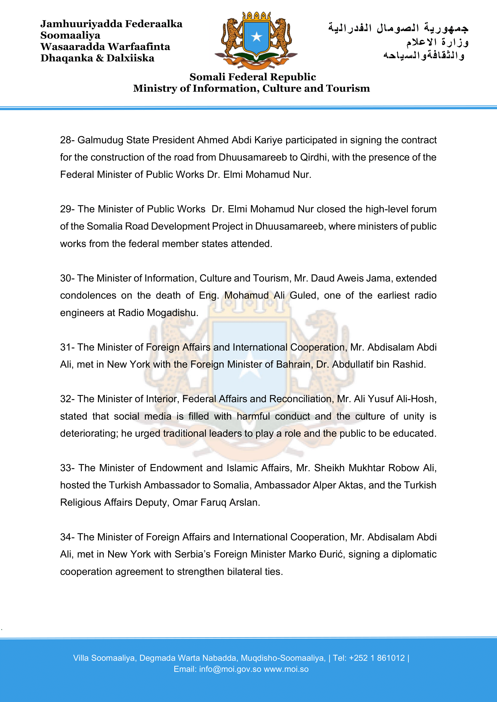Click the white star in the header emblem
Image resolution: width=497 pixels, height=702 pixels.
(256, 37)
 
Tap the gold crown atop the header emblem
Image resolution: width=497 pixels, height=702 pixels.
(256, 16)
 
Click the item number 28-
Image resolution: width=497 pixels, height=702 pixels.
(67, 140)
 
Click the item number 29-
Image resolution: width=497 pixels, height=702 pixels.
(67, 209)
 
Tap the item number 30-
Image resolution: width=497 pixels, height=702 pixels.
(67, 278)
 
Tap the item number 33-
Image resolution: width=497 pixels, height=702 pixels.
(67, 468)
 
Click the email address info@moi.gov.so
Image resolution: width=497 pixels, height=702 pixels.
(230, 669)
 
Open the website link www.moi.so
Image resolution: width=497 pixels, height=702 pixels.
(286, 669)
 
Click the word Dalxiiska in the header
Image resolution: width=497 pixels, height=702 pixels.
(130, 58)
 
